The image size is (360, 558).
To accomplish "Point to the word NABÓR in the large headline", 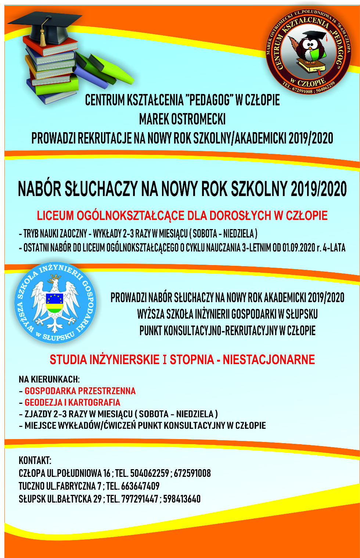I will pos(39,189).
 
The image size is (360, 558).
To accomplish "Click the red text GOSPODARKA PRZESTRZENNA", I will pos(80,391).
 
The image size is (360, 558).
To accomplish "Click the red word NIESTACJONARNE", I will pos(269,359).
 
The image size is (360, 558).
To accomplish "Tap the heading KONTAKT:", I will pos(35,460).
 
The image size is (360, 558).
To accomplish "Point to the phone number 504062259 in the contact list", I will pos(150,473).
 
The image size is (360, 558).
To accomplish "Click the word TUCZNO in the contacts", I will pos(32,486).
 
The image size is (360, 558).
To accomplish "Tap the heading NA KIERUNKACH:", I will pos(49,379).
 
